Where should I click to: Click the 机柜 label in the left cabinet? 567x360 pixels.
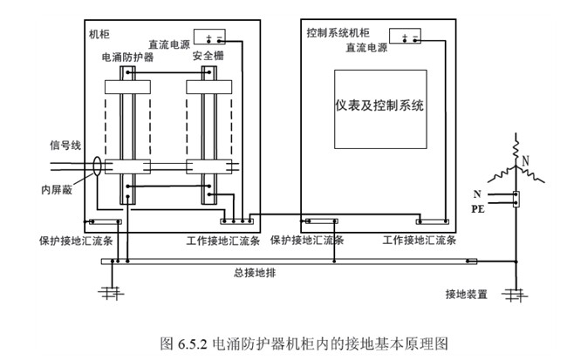[x=99, y=34]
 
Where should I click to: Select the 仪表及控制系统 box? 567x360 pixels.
[x=379, y=105]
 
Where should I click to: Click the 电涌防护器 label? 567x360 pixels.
[x=128, y=56]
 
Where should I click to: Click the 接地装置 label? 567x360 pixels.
[x=465, y=294]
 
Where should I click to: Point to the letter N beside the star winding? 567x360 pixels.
[x=525, y=160]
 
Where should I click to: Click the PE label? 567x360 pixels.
[x=479, y=209]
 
